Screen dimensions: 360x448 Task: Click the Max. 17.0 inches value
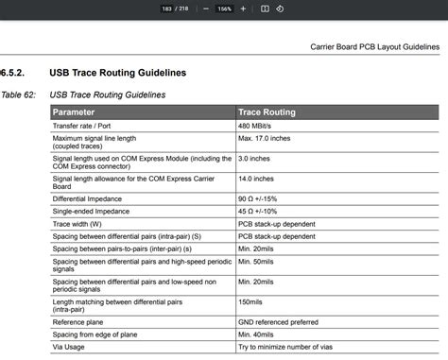(264, 138)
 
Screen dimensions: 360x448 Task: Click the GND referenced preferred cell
(279, 321)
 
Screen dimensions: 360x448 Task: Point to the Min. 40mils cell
(258, 334)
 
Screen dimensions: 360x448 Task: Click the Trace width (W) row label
(79, 225)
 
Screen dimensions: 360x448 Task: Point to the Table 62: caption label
(18, 94)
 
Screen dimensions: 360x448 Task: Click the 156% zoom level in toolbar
(224, 9)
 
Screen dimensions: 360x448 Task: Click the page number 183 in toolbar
(167, 9)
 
